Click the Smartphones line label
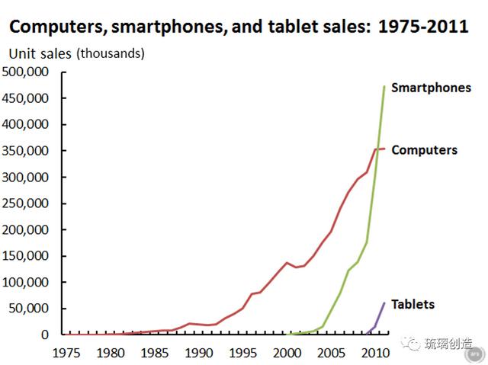pos(431,88)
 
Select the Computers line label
pos(424,150)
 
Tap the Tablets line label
pos(413,304)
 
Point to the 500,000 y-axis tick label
pos(27,72)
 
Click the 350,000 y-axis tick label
pos(27,151)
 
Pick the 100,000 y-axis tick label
pos(27,282)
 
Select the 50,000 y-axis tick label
pos(30,309)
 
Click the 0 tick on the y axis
pos(46,335)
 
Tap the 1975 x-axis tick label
pos(67,353)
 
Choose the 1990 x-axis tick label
pos(199,353)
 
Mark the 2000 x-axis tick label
pos(287,353)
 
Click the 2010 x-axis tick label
pos(374,353)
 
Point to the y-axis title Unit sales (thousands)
pos(76,53)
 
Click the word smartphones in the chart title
pos(165,28)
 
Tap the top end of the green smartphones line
pos(384,87)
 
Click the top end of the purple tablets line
pos(384,303)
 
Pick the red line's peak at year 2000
pos(287,263)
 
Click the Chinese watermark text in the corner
pos(448,344)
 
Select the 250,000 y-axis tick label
pos(27,203)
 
